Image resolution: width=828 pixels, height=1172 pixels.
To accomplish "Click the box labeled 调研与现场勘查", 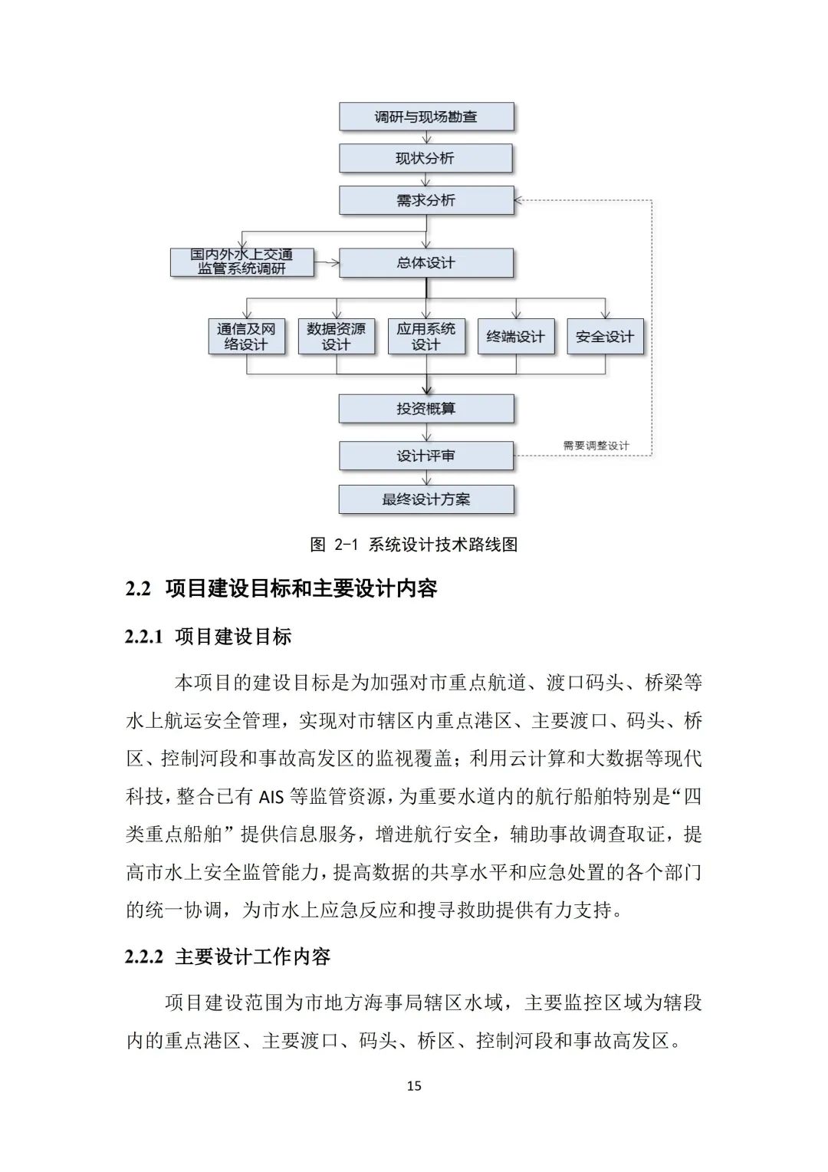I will (x=426, y=117).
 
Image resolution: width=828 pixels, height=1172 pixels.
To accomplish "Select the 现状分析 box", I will (x=426, y=159).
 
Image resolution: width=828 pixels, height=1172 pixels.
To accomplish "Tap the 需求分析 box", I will (x=426, y=200).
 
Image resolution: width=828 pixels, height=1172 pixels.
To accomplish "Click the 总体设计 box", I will (x=426, y=262).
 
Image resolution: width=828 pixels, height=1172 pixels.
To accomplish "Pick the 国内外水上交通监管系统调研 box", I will (x=242, y=262).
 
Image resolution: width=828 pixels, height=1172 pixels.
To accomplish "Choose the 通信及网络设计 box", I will (x=246, y=337).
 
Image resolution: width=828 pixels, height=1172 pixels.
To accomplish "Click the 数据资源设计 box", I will (x=336, y=337).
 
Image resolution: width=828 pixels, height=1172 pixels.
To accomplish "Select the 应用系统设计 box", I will (x=426, y=337).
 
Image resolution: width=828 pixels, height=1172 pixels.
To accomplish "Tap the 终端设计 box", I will (x=515, y=337).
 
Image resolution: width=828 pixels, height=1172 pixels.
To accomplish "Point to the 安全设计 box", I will (x=605, y=337).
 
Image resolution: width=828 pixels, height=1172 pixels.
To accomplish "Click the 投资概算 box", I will (x=426, y=409).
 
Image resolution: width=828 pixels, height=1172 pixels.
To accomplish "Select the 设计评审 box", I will (x=426, y=456).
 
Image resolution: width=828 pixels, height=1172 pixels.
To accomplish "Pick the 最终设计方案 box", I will (x=426, y=499).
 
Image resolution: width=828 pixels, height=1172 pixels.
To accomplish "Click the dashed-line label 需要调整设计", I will (x=596, y=446).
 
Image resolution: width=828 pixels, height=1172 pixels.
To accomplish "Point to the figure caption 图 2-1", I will (x=334, y=545).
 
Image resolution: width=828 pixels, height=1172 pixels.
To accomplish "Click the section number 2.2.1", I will (x=144, y=637).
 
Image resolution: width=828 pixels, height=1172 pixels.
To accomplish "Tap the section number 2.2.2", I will (x=144, y=956).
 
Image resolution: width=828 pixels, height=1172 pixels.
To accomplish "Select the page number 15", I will (x=414, y=1085).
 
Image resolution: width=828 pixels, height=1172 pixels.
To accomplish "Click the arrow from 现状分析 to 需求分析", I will (x=426, y=179).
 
